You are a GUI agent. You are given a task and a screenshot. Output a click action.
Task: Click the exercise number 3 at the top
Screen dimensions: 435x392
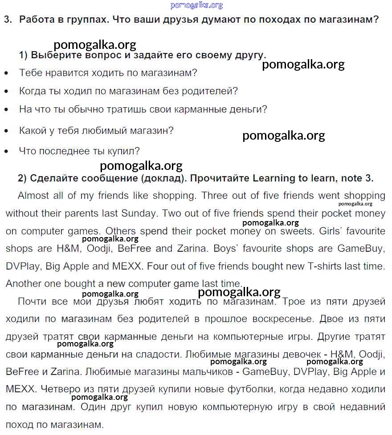point(6,20)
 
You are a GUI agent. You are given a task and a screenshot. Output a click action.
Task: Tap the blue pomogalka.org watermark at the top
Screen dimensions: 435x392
point(196,5)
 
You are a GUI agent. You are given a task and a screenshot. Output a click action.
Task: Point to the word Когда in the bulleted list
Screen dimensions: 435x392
point(32,91)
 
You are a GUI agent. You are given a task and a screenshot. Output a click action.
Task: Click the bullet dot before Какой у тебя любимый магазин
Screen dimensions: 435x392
point(6,131)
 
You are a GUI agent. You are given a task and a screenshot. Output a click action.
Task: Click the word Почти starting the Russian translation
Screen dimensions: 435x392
point(33,302)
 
